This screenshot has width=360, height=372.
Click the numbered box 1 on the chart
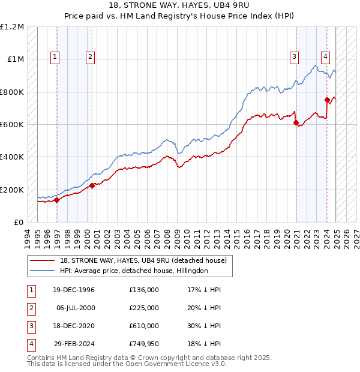pyautogui.click(x=55, y=57)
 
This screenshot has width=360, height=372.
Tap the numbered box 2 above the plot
pyautogui.click(x=89, y=57)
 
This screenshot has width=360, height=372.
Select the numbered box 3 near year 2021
pyautogui.click(x=295, y=57)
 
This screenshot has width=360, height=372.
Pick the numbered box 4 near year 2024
pyautogui.click(x=325, y=57)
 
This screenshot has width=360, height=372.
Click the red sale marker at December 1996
pyautogui.click(x=57, y=200)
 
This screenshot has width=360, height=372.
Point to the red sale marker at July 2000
pyautogui.click(x=92, y=186)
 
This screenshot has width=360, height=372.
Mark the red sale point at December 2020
pyautogui.click(x=296, y=123)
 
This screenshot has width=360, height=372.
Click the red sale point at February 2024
pyautogui.click(x=327, y=100)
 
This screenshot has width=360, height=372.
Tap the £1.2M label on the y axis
pyautogui.click(x=12, y=27)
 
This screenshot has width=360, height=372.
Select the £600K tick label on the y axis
pyautogui.click(x=12, y=125)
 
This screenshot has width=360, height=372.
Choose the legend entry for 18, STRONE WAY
pyautogui.click(x=143, y=260)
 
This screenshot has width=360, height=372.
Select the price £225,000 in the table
pyautogui.click(x=144, y=308)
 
